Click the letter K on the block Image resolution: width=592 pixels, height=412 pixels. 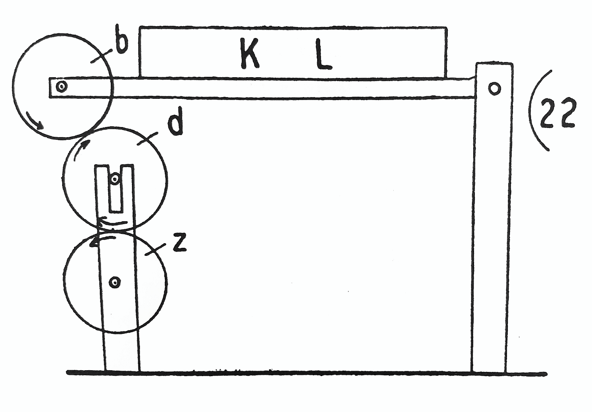(x=249, y=54)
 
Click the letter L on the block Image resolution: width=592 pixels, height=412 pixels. (x=323, y=55)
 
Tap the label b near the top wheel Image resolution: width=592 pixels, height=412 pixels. (x=121, y=44)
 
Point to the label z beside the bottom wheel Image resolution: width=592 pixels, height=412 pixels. (x=179, y=244)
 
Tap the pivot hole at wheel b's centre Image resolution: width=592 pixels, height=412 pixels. (x=62, y=87)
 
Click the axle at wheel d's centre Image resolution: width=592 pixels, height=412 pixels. (x=114, y=179)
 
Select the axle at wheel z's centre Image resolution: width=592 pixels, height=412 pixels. (x=114, y=282)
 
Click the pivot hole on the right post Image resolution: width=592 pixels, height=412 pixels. (x=494, y=89)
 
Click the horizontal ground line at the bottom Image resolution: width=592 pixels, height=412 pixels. (x=304, y=373)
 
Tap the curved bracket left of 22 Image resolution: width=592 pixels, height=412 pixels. (x=537, y=110)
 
